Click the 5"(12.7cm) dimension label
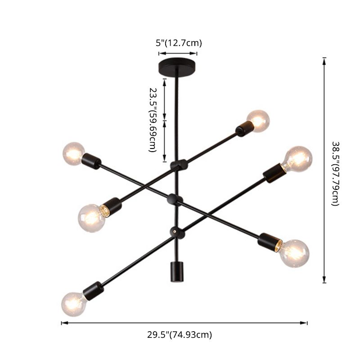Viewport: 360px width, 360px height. point(179,43)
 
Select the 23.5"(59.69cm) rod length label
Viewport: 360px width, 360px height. point(153,119)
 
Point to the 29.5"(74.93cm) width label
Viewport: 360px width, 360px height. point(180,334)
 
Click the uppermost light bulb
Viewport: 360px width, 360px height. point(258,121)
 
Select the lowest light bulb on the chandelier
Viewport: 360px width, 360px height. point(73,304)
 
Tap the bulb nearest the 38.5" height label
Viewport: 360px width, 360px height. point(297,159)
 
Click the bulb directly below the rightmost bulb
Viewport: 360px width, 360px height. point(294,253)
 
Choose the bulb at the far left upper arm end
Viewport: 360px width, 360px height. point(74,153)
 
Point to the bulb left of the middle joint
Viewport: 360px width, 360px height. point(92,217)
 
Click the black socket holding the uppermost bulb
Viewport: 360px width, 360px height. point(243,129)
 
